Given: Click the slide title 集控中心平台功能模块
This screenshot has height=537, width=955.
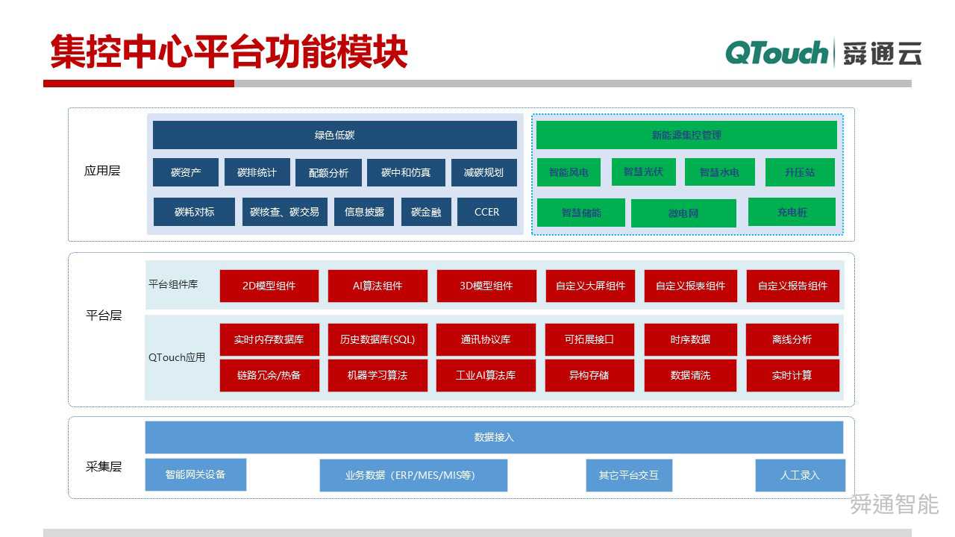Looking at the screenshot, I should (x=228, y=52).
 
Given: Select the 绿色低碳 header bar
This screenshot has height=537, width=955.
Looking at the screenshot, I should (x=334, y=135).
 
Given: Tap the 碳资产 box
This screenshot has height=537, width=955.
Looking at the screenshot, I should (x=186, y=172).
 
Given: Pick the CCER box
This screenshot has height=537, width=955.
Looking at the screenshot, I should (x=486, y=212).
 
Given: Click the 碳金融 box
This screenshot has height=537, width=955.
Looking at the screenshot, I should (x=426, y=212).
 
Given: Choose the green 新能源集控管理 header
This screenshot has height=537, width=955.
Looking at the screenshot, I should (x=686, y=135).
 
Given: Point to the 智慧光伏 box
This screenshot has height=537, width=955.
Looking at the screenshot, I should (x=643, y=172).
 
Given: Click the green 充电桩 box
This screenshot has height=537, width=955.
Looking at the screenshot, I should (x=792, y=212).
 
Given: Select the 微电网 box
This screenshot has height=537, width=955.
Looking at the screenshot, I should (x=683, y=213).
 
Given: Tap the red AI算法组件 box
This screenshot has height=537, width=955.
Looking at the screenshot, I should (x=378, y=286).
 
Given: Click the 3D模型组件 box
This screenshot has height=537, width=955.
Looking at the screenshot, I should (x=486, y=286).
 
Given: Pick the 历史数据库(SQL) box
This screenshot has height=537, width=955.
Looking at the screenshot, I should (x=378, y=339).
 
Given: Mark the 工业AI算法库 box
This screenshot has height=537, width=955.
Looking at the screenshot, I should (x=486, y=375).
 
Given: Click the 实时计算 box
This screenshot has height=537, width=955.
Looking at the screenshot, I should (x=792, y=375).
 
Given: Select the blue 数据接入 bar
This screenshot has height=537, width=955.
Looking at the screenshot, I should (x=494, y=437).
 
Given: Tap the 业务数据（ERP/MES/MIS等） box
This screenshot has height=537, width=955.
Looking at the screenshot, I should (x=413, y=475).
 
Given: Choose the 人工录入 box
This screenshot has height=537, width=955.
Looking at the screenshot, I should (x=800, y=475).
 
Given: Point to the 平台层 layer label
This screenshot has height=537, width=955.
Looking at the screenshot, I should (x=104, y=315).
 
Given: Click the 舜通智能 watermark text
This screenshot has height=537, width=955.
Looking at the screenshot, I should (x=894, y=504).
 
